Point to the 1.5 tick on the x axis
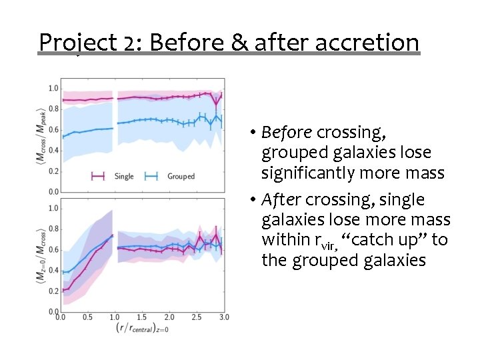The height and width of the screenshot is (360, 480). [142, 317]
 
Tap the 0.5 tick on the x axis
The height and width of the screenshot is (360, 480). [87, 317]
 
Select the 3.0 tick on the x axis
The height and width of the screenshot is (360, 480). [224, 317]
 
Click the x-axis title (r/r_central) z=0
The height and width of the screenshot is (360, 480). [143, 328]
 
